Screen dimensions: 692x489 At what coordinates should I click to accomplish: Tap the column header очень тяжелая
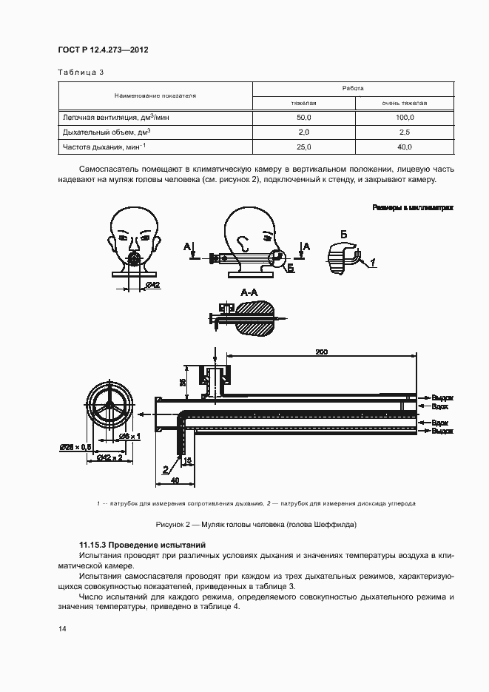tap(404, 103)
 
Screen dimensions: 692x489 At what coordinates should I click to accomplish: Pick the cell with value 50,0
tap(304, 118)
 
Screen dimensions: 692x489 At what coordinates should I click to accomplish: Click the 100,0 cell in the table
tap(404, 118)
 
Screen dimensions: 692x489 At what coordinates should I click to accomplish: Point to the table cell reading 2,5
tap(404, 132)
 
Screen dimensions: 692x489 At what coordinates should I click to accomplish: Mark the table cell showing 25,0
tap(304, 147)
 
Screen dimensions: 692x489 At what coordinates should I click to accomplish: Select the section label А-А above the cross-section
tap(250, 293)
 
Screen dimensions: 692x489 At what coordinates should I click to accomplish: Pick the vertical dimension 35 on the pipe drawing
tap(183, 381)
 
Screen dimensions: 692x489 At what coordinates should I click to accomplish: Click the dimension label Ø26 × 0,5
tap(76, 446)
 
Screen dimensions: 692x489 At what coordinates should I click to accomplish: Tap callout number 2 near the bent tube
tap(166, 468)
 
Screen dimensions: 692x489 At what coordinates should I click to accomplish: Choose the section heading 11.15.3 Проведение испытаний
tap(141, 545)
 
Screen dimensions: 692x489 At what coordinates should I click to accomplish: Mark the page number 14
tap(61, 628)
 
